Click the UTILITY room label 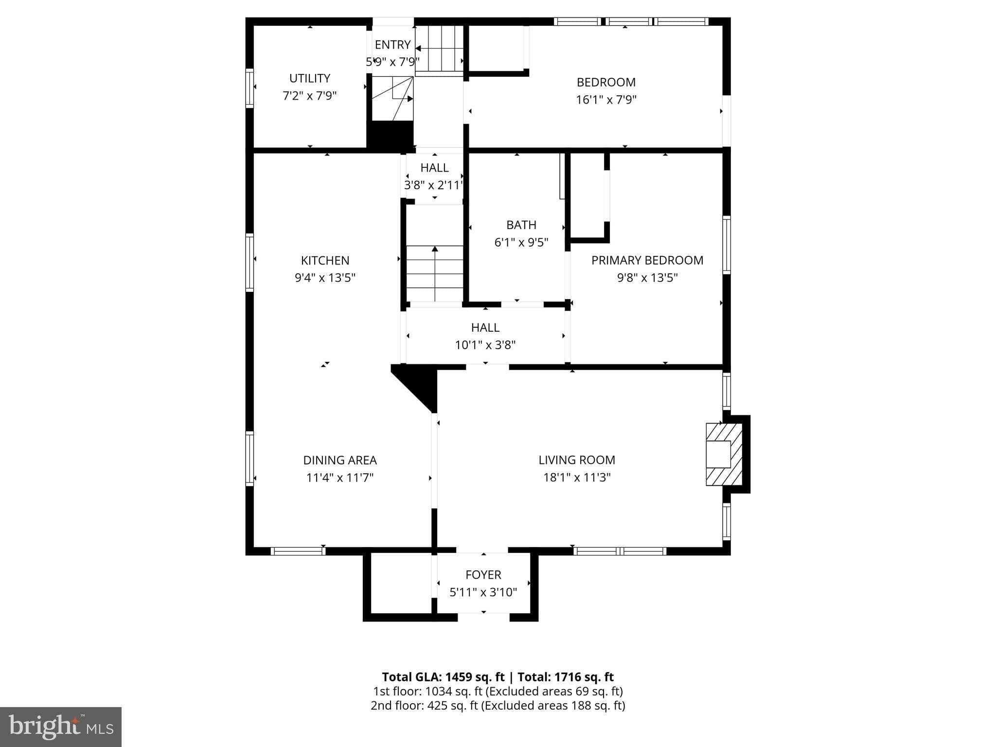pyautogui.click(x=310, y=78)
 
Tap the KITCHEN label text pyautogui.click(x=325, y=261)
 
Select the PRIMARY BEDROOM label pyautogui.click(x=647, y=260)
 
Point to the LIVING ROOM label pyautogui.click(x=577, y=460)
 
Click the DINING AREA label pyautogui.click(x=340, y=460)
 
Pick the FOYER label pyautogui.click(x=483, y=575)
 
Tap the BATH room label pyautogui.click(x=521, y=225)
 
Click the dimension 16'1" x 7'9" pyautogui.click(x=606, y=100)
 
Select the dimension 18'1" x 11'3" pyautogui.click(x=577, y=478)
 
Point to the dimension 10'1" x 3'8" pyautogui.click(x=485, y=345)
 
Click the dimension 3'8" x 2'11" pyautogui.click(x=434, y=185)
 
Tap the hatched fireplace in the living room pyautogui.click(x=724, y=454)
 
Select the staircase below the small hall pyautogui.click(x=435, y=273)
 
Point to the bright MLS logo pyautogui.click(x=61, y=727)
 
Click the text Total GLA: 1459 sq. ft pyautogui.click(x=443, y=677)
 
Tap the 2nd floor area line pyautogui.click(x=498, y=706)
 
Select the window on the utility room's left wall pyautogui.click(x=249, y=88)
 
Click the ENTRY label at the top pyautogui.click(x=392, y=45)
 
